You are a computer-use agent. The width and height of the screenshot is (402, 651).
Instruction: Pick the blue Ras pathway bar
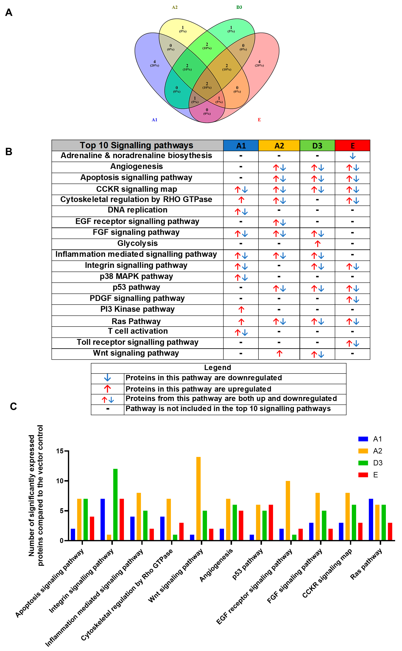tap(371, 520)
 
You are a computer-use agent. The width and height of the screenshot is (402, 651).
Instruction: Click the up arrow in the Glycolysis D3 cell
tap(317, 244)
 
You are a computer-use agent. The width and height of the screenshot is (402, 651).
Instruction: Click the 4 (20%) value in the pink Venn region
tap(259, 63)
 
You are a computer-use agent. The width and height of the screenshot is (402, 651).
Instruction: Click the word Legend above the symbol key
tap(217, 368)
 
